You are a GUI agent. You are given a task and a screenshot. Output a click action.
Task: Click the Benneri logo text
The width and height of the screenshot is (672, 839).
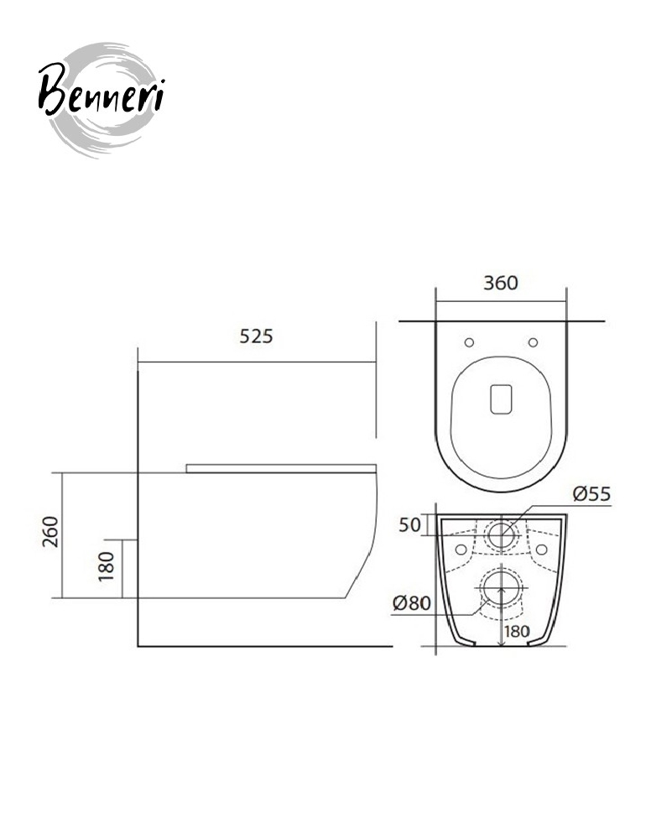coord(102,90)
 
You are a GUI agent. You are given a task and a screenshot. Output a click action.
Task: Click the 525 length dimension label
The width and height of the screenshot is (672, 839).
coord(256,336)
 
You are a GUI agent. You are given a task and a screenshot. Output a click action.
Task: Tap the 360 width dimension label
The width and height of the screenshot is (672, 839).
coord(501,283)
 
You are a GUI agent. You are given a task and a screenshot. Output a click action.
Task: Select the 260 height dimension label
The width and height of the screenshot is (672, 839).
coord(50,531)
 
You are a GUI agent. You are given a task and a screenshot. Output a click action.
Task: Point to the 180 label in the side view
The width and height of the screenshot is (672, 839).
coord(107,566)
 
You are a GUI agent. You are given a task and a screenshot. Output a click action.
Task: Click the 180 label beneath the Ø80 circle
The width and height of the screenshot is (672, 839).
coord(517,632)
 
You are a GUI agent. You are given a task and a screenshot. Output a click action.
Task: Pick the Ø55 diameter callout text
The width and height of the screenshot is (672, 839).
coord(591,493)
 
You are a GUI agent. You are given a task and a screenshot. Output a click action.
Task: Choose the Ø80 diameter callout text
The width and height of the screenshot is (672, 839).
coord(411,603)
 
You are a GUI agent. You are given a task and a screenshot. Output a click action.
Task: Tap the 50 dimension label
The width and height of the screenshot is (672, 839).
coord(410,525)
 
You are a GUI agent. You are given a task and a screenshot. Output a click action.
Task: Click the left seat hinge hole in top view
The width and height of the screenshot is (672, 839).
coord(469,342)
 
